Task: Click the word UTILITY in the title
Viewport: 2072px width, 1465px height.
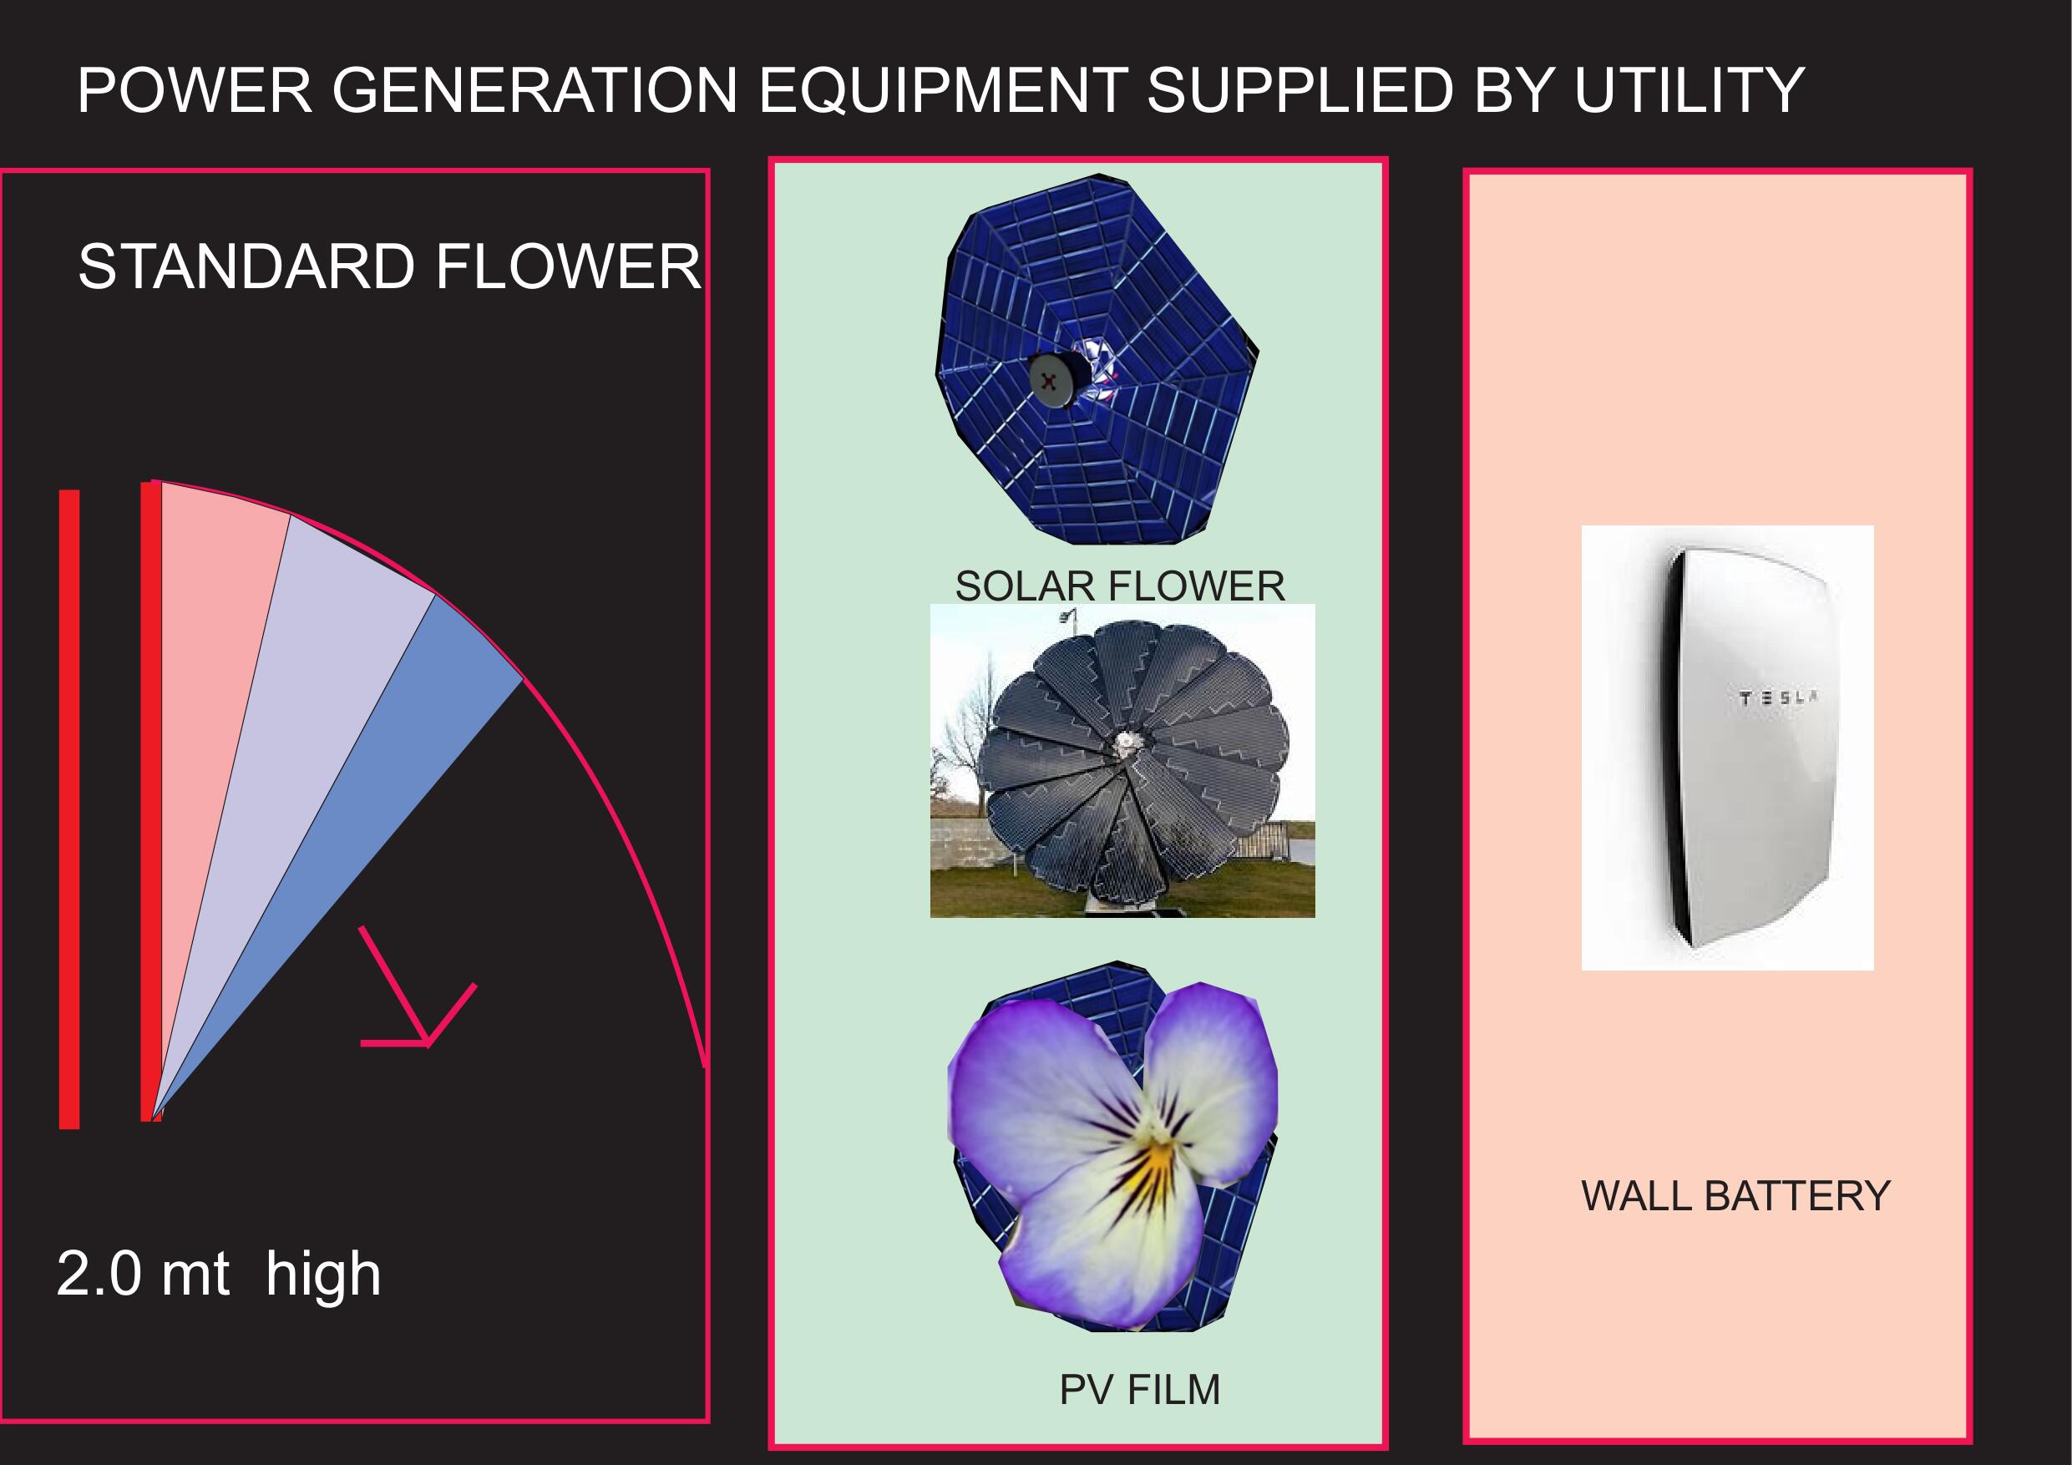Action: point(1689,90)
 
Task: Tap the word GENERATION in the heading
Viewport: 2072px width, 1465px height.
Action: point(535,90)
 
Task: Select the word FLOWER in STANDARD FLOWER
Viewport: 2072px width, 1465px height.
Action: point(568,266)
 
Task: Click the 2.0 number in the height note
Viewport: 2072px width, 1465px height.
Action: point(99,1274)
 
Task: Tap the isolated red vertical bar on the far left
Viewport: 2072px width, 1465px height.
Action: point(69,809)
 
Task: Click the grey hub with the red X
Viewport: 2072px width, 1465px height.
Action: point(1051,381)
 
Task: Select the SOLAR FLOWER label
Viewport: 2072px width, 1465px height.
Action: point(1120,585)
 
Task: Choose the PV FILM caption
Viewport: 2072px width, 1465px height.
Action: point(1139,1389)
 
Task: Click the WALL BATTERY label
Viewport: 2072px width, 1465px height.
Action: point(1735,1196)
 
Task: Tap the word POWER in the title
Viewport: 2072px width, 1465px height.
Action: point(195,90)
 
